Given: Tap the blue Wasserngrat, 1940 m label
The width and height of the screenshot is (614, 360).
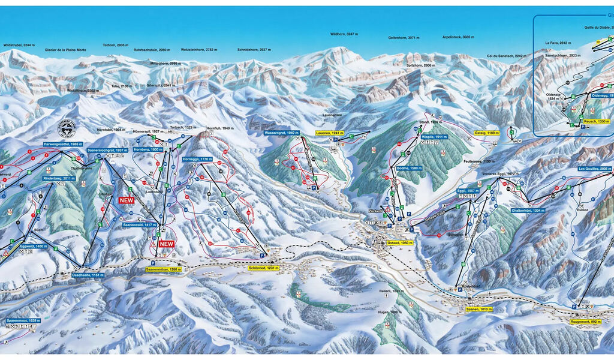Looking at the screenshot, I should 281,133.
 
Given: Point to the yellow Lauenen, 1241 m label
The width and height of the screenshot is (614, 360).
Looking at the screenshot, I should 331,133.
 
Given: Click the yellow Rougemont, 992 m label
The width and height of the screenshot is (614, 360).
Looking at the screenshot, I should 586,322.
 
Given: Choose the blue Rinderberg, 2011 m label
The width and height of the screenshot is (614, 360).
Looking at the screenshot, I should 59,178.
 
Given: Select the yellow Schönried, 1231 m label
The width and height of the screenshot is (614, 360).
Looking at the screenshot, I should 264,268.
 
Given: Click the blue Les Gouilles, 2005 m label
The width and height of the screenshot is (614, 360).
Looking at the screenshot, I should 595,169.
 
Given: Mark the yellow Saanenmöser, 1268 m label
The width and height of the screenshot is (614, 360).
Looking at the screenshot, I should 163,269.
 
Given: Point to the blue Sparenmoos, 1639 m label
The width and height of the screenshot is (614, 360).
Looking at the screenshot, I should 24,321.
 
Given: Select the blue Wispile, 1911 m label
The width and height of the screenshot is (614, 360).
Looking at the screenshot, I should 435,137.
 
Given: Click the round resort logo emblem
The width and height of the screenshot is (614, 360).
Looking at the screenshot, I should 67,128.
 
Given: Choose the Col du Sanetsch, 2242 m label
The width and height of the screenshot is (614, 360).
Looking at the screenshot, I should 507,56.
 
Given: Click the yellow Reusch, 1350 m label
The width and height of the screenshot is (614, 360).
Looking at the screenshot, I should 596,121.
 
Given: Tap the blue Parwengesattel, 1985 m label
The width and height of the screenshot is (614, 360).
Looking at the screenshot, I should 63,145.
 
